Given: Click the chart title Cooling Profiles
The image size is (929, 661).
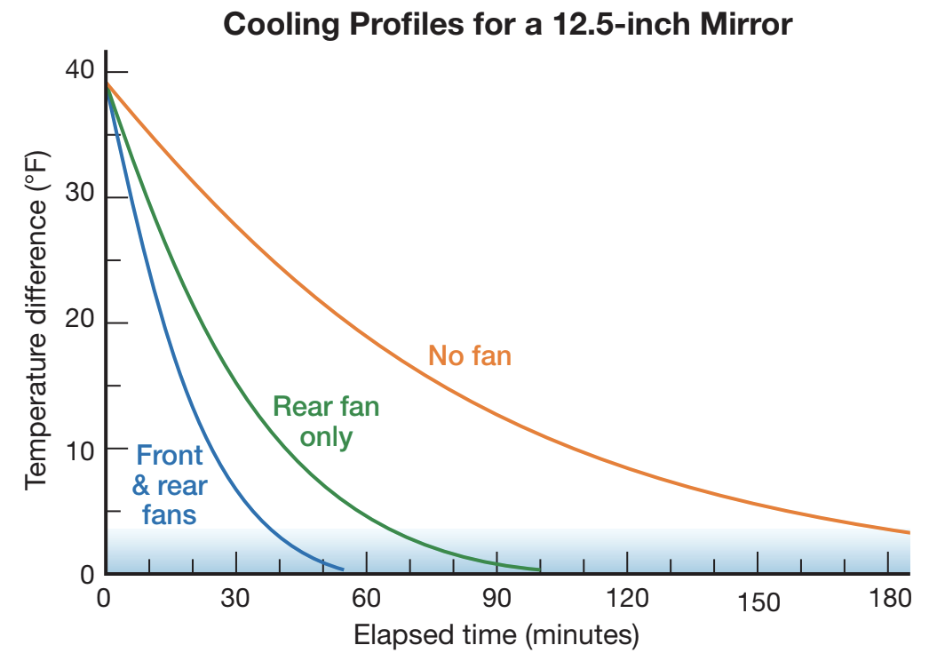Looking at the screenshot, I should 507,24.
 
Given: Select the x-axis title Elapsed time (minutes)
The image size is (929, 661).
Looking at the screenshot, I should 496,635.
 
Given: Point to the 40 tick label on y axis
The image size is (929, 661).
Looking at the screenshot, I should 79,71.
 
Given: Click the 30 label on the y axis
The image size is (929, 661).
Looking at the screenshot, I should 79,196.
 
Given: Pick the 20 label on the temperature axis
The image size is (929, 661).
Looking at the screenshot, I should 79,323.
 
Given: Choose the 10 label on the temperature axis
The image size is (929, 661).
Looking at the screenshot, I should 79,449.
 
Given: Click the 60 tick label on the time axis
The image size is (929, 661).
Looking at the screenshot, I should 366,599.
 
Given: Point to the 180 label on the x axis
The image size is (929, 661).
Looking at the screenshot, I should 888,599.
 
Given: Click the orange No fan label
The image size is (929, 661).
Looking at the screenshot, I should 470,356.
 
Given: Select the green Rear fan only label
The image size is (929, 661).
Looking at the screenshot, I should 326,422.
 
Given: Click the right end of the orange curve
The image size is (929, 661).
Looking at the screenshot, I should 909,532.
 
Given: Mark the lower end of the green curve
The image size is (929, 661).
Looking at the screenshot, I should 539,569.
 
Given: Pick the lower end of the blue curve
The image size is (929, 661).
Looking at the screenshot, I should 343,569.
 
